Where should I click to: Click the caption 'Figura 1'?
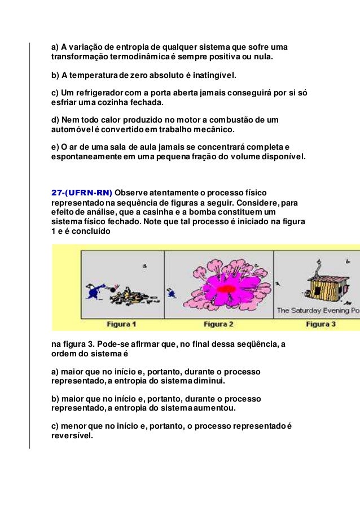[x=121, y=325]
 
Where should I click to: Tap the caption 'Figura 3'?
[x=321, y=325]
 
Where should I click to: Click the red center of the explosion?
[x=226, y=289]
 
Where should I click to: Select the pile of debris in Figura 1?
[x=115, y=293]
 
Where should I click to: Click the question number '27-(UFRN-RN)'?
[x=82, y=191]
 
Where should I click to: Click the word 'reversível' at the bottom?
[x=71, y=436]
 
